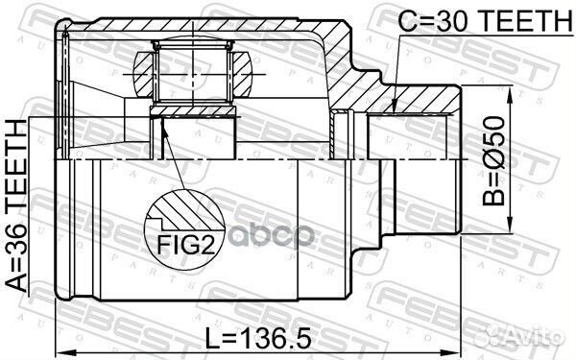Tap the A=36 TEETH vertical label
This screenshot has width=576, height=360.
(17, 205)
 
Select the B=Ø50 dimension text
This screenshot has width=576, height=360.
(494, 160)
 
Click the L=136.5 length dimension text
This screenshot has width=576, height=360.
(258, 338)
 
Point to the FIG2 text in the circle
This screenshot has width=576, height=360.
(185, 245)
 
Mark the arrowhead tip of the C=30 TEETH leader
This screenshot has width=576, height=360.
(393, 111)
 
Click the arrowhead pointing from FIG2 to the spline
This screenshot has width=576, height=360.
(163, 124)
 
